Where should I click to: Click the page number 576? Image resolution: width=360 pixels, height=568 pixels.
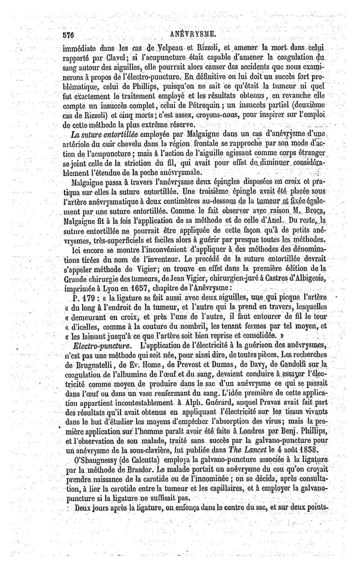72,34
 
